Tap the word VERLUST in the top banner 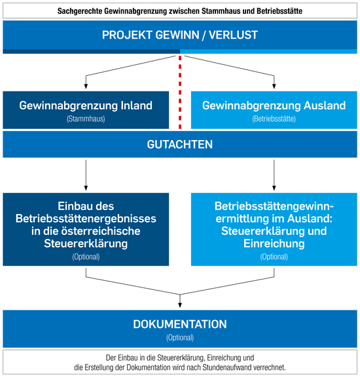[x=233, y=35]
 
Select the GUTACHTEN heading [x=180, y=145]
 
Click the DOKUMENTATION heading [x=180, y=324]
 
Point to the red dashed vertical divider [x=180, y=92]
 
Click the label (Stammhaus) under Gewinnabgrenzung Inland [x=86, y=118]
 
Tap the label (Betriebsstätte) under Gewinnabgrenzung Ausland [x=274, y=118]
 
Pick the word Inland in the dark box [x=136, y=105]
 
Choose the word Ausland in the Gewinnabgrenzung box [x=325, y=105]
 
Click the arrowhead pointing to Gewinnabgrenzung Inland [x=86, y=86]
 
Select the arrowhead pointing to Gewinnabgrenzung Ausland [x=274, y=86]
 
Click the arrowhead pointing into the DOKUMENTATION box [x=180, y=305]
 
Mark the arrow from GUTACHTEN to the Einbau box [x=86, y=175]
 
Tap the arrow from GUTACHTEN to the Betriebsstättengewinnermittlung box [x=274, y=175]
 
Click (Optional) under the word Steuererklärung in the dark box [x=86, y=257]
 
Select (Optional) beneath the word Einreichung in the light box [x=274, y=257]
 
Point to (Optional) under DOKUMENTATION [x=180, y=338]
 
